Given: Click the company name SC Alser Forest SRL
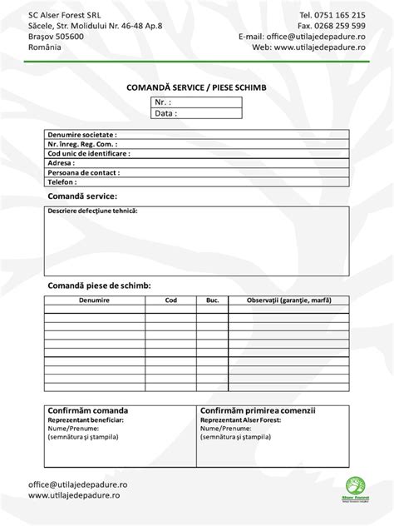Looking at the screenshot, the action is click(x=62, y=15).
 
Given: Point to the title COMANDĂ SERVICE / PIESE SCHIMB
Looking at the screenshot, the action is click(x=196, y=87).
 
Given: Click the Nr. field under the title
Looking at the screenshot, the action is click(x=196, y=102).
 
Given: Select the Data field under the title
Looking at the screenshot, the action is click(x=196, y=113).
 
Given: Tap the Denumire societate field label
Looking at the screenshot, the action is click(x=82, y=134).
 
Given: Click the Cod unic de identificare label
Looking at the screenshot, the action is click(x=89, y=153).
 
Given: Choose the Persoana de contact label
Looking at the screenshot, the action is click(x=84, y=172).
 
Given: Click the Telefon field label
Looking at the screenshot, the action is click(x=62, y=181).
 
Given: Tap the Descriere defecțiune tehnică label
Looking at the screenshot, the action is click(x=92, y=211).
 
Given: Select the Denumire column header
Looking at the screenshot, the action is click(x=95, y=300).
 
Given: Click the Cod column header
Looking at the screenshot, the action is click(x=171, y=300).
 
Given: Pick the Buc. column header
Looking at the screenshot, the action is click(x=212, y=300).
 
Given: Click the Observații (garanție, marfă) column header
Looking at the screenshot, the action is click(x=288, y=300).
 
